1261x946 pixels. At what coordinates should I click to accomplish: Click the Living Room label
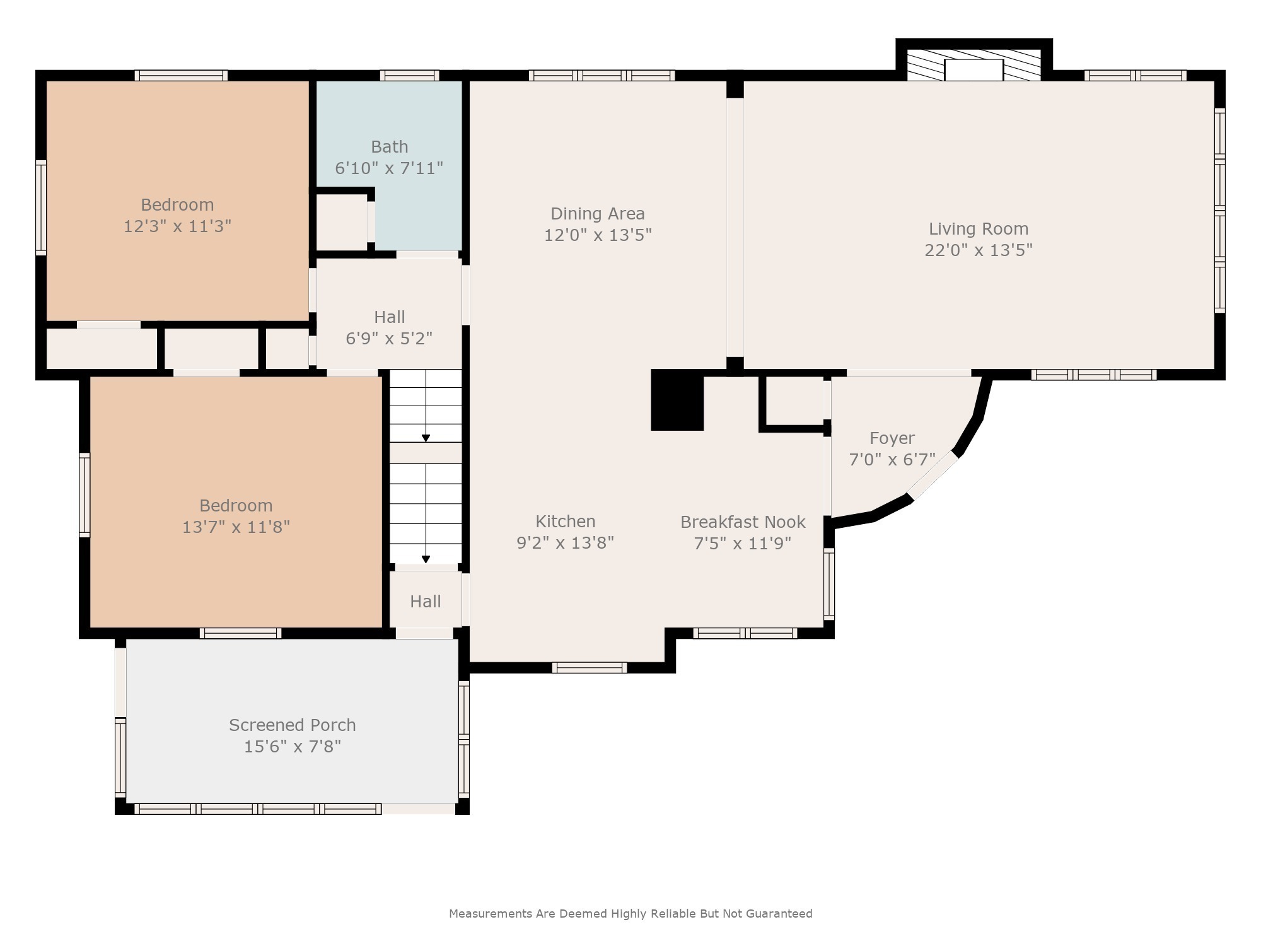click(978, 228)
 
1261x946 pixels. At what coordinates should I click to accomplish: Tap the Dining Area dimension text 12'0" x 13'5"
click(598, 235)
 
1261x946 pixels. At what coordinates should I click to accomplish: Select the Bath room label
click(389, 147)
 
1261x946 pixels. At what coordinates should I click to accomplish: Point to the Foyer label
click(892, 438)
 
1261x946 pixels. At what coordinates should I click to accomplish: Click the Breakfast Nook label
click(743, 522)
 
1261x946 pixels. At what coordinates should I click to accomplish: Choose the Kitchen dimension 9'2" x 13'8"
click(565, 543)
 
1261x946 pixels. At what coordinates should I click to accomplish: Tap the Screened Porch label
click(292, 725)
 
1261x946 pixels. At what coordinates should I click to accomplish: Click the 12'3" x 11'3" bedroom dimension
click(177, 226)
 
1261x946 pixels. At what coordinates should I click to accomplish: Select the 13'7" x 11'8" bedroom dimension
click(236, 527)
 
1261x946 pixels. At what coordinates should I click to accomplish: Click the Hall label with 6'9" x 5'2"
click(389, 317)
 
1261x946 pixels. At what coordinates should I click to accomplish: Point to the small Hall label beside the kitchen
click(426, 602)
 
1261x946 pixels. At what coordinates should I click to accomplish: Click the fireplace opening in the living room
click(973, 70)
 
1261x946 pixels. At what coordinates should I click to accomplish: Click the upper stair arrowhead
click(426, 438)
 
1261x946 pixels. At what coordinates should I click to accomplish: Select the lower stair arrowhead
click(426, 559)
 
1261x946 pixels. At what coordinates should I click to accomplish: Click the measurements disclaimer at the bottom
click(630, 913)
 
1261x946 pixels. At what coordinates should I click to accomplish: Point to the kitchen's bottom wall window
click(590, 667)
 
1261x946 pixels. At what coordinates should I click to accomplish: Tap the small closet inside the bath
click(341, 222)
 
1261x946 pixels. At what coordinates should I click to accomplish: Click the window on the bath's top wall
click(409, 76)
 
